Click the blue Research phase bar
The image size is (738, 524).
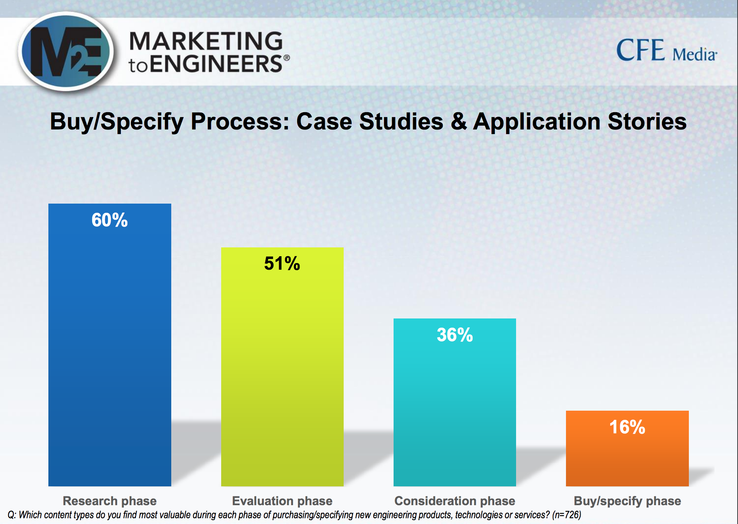(110, 345)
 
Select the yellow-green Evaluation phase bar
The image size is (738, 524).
(282, 366)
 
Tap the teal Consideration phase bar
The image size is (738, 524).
(455, 402)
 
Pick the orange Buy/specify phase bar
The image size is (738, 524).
(627, 448)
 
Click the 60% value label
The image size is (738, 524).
(109, 220)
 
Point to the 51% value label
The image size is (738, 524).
(282, 264)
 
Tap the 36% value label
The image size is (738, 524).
(455, 335)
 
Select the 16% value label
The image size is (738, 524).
(627, 427)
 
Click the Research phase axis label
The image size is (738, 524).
(110, 501)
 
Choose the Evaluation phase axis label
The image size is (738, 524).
(282, 501)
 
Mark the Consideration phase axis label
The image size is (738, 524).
(455, 501)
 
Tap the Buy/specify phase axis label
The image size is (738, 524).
(627, 501)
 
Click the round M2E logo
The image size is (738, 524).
(66, 51)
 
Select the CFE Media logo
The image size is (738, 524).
(667, 50)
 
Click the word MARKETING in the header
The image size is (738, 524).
(206, 41)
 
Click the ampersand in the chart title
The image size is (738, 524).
(458, 121)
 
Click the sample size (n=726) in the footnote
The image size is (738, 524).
(567, 515)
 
